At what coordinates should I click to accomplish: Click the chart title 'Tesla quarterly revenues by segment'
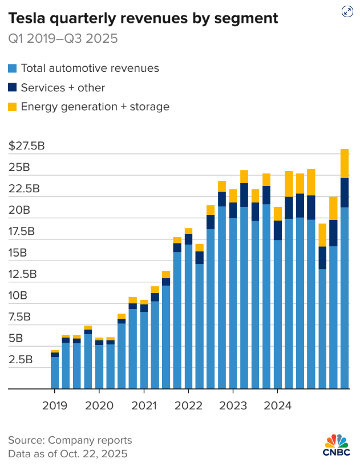click(143, 18)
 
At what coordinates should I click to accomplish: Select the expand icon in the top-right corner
click(346, 11)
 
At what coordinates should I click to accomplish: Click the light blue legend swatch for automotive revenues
click(12, 69)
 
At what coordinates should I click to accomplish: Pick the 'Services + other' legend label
click(63, 88)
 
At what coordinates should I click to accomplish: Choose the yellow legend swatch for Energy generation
click(12, 107)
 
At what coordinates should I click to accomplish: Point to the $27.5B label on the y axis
click(26, 146)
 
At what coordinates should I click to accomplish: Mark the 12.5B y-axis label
click(22, 274)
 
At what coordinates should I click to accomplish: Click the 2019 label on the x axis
click(55, 406)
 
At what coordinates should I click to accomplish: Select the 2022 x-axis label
click(188, 406)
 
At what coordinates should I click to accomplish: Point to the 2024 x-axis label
click(277, 406)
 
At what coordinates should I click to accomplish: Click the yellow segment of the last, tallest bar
click(345, 163)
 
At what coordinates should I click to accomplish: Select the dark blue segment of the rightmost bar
click(345, 193)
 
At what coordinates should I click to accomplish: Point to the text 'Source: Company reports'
click(70, 440)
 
